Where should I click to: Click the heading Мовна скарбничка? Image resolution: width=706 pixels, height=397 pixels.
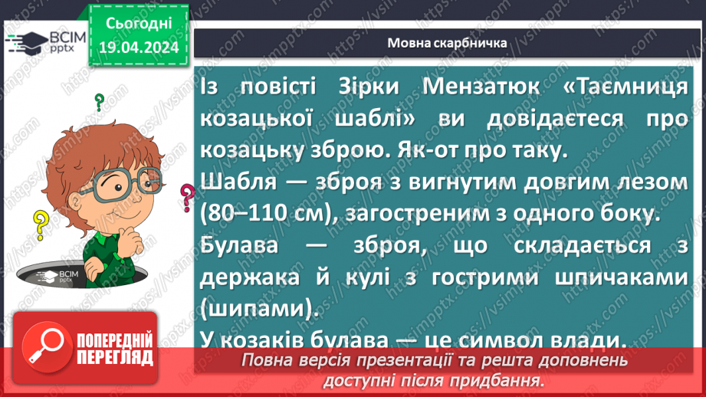click(x=447, y=43)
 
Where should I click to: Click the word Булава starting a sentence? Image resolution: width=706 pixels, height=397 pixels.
click(x=238, y=247)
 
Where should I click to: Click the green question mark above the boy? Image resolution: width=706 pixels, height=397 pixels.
click(x=99, y=102)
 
